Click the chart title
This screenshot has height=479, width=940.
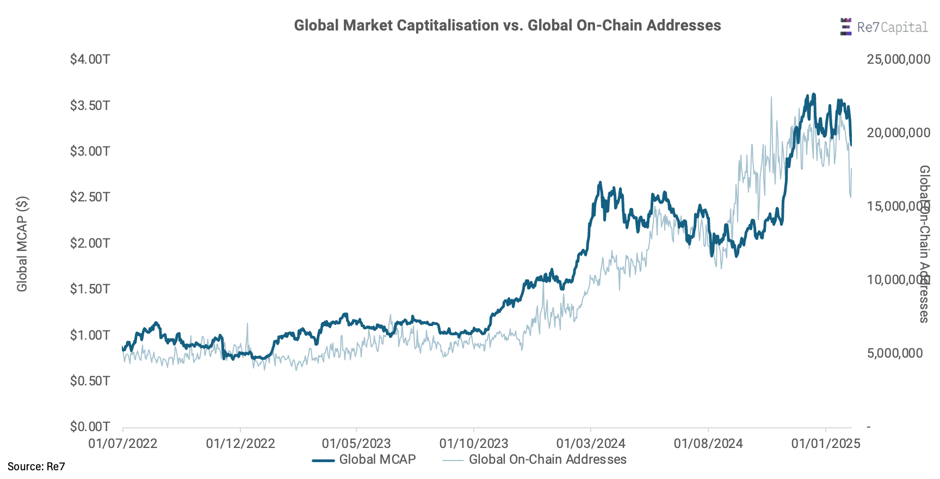coord(507,26)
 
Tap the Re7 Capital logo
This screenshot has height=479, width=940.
coord(883,27)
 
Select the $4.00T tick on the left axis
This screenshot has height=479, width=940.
coord(90,59)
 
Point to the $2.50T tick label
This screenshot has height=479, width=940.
coord(90,196)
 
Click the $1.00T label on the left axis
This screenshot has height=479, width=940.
coord(90,335)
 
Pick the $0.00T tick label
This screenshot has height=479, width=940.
coord(90,426)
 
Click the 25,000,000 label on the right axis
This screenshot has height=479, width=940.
coord(898,59)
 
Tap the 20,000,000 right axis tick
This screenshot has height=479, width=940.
coord(898,133)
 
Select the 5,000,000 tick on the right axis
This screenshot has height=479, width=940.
coord(894,353)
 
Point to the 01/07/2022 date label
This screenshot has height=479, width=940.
coord(123,444)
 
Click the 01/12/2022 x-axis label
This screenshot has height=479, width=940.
coord(240,444)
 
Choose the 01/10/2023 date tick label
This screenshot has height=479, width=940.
coord(474,444)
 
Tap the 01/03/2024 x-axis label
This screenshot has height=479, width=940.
coord(591,444)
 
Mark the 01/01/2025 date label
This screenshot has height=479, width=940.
coord(826,444)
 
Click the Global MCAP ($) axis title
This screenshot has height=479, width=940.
coord(22,244)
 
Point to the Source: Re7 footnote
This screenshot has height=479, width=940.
coord(36,466)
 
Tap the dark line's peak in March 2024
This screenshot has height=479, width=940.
coord(600,183)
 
